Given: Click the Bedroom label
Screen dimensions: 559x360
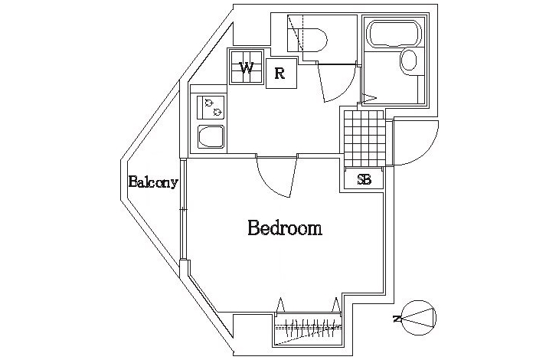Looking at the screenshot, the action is coord(285,228).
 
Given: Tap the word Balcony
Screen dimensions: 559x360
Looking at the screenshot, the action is coord(153,182).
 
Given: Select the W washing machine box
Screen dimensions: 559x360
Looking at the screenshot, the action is coord(246,67).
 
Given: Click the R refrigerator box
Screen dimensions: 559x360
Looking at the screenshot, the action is coord(281,74).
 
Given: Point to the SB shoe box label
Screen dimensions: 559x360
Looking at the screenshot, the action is coord(364,180).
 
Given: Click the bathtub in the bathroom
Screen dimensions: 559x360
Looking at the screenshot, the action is coord(395,33).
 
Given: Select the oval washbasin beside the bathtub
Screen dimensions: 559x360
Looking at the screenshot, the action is coord(409,60).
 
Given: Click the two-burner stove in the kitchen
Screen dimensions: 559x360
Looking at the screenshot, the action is coord(211,107).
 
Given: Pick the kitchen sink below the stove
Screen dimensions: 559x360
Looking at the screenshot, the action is coord(211,136).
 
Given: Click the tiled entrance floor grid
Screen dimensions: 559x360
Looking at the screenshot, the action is coord(364,139).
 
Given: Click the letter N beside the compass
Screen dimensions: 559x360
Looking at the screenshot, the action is coord(396,319).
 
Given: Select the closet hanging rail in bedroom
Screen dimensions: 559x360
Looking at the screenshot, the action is coord(309,326).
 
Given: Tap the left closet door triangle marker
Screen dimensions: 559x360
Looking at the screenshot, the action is coord(280,305).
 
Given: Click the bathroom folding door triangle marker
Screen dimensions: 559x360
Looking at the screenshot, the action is coord(369,97).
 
